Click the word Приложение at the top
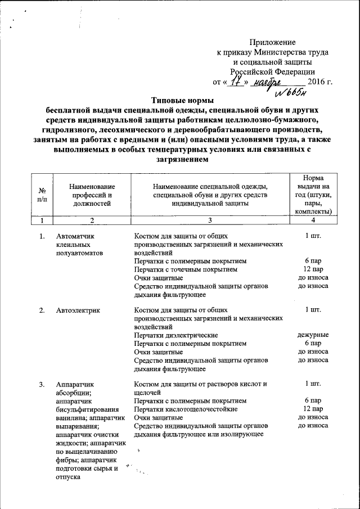273,42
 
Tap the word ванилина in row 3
70,418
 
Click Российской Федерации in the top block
272,71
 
